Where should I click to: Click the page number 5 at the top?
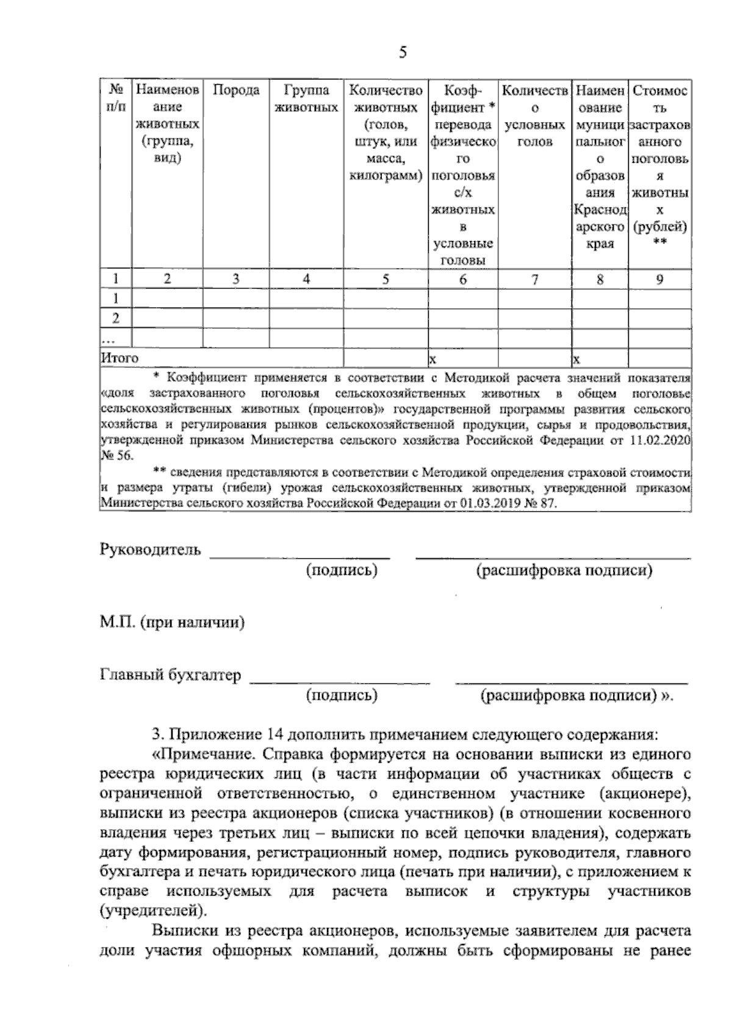(x=403, y=52)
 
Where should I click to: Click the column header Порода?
(x=236, y=91)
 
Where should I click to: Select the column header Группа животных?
(x=306, y=99)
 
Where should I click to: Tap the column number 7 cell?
(x=535, y=279)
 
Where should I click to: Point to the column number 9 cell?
(x=660, y=279)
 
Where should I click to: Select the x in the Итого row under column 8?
(x=576, y=358)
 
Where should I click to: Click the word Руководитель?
(x=150, y=550)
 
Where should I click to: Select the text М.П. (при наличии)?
(x=172, y=624)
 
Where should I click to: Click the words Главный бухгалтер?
(x=170, y=675)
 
